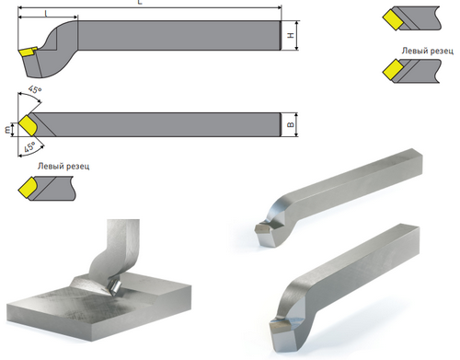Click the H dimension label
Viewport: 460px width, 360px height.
291,35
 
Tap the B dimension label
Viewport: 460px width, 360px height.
291,124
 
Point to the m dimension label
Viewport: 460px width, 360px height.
7,130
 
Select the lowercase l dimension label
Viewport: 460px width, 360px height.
46,13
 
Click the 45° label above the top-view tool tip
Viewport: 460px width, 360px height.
35,89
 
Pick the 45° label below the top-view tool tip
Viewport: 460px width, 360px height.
29,147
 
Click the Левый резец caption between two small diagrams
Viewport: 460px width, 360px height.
428,51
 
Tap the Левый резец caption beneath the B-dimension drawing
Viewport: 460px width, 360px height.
63,167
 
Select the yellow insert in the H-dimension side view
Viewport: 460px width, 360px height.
28,52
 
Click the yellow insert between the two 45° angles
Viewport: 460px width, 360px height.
28,124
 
